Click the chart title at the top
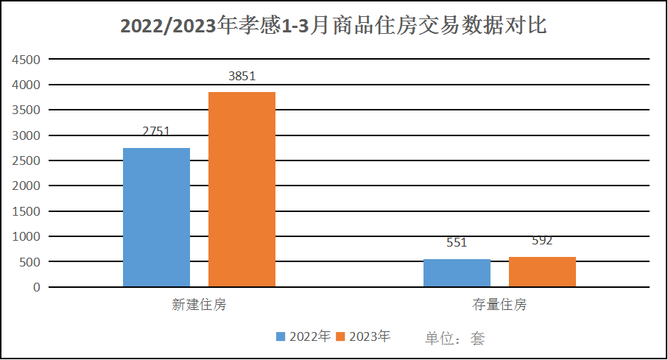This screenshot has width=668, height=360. (333, 26)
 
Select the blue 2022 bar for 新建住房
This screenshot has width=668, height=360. (156, 217)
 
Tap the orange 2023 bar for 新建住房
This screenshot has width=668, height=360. (242, 189)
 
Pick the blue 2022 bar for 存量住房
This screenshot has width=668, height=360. (457, 273)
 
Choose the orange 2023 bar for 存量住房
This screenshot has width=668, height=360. (542, 272)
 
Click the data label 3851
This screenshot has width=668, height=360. (242, 76)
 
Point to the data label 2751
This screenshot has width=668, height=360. (156, 132)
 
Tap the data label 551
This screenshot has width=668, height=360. (457, 243)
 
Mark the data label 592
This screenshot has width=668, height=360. (541, 241)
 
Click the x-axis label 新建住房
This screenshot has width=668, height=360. (199, 305)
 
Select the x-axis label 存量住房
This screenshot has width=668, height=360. (499, 305)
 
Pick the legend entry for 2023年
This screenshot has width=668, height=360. (362, 336)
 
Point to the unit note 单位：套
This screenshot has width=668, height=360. (454, 338)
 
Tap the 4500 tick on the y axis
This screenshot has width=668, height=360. (27, 60)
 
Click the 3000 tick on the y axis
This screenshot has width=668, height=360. (27, 135)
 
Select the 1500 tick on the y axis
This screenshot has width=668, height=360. (27, 211)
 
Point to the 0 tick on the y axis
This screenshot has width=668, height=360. (35, 287)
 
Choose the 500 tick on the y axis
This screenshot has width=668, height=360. (29, 262)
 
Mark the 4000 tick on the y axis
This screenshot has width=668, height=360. (27, 85)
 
